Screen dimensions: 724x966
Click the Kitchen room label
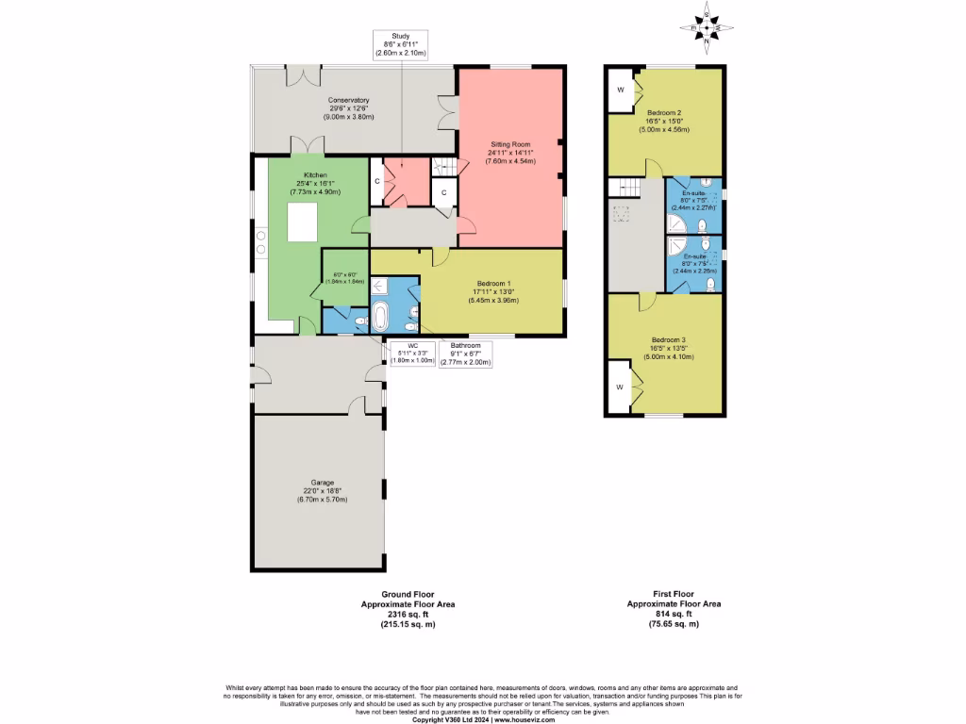pyautogui.click(x=315, y=184)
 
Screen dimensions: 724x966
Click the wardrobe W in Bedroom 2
pyautogui.click(x=620, y=90)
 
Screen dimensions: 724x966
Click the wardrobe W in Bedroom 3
pyautogui.click(x=620, y=387)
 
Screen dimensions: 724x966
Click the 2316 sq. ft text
pyautogui.click(x=408, y=614)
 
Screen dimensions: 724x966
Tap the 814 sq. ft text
pyautogui.click(x=674, y=614)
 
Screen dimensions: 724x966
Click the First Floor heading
pyautogui.click(x=674, y=595)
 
